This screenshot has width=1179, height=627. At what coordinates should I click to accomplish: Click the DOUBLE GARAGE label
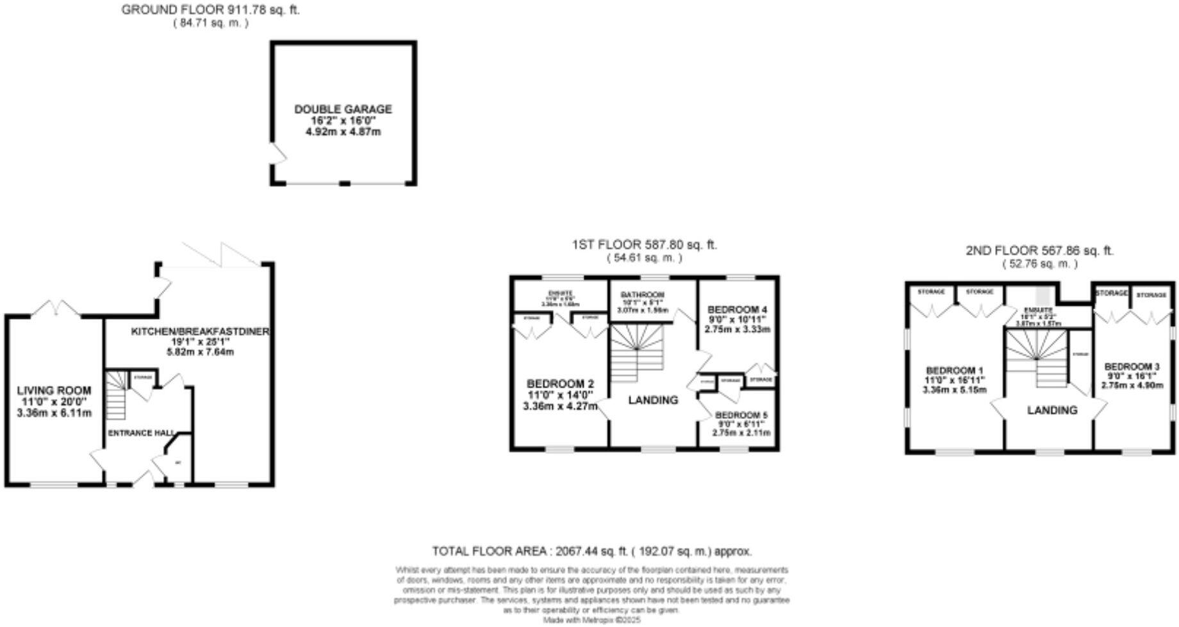click(343, 110)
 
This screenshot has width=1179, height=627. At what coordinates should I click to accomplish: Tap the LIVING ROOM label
click(54, 390)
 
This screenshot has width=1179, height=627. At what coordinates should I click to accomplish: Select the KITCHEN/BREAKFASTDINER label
click(200, 331)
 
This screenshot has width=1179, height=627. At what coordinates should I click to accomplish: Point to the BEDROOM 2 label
click(557, 384)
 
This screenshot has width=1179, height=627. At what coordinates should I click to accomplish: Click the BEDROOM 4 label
click(737, 309)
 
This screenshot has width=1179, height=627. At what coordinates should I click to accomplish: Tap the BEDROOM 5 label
click(741, 414)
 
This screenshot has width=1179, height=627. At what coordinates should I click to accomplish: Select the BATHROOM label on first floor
click(643, 295)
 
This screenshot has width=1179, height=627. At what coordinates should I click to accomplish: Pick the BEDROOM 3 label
click(1132, 366)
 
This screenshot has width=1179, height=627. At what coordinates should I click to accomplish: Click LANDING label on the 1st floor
click(653, 400)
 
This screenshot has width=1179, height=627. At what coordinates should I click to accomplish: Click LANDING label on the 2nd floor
click(1052, 410)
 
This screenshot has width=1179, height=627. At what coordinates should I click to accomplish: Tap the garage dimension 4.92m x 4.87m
click(343, 132)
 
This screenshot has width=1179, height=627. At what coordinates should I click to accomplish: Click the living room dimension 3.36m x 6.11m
click(54, 413)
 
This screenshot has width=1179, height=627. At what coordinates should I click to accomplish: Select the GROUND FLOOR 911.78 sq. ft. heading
click(210, 10)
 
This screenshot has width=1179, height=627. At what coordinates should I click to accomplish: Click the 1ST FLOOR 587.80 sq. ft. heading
click(644, 245)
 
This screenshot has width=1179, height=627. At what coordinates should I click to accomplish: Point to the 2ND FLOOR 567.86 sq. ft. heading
click(1039, 250)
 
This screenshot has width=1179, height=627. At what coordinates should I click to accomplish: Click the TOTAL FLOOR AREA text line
click(591, 551)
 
